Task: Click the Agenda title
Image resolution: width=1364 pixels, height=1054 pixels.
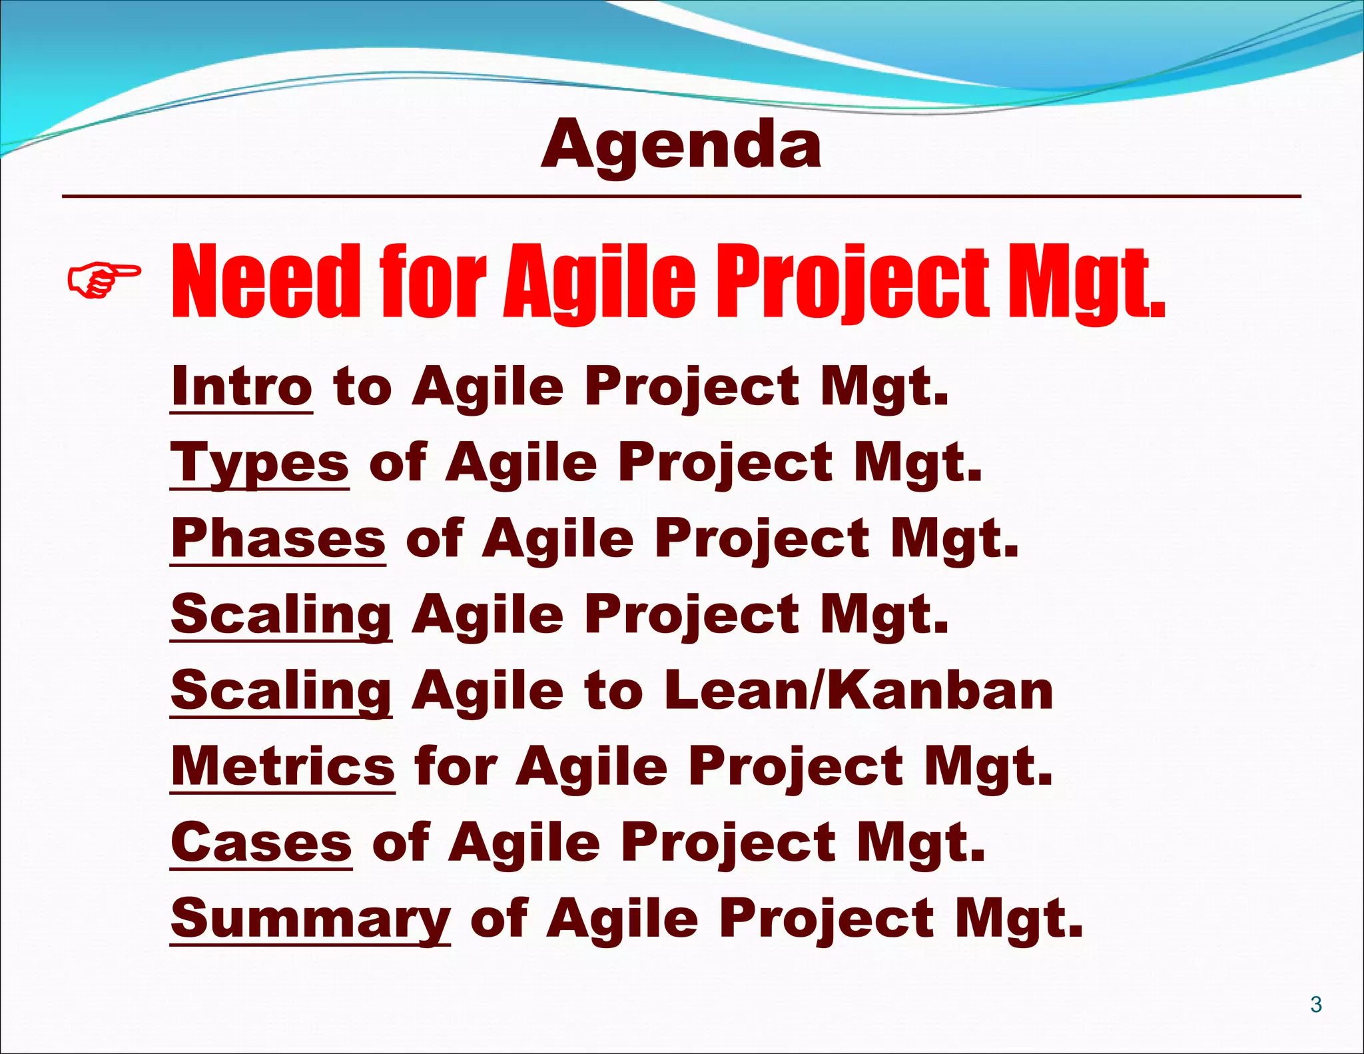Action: click(x=681, y=145)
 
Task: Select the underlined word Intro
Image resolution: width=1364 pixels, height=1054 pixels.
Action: click(x=241, y=386)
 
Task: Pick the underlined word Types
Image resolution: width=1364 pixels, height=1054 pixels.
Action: click(x=259, y=463)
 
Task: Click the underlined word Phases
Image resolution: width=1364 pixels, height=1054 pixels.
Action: click(x=278, y=538)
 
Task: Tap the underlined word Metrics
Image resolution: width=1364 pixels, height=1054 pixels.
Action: click(x=282, y=766)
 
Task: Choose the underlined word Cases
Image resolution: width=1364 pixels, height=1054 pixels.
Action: click(x=260, y=842)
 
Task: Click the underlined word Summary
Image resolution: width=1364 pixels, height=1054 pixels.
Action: click(x=310, y=918)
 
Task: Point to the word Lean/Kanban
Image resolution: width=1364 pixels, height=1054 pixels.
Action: click(x=858, y=690)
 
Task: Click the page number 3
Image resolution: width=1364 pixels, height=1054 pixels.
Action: click(x=1315, y=1004)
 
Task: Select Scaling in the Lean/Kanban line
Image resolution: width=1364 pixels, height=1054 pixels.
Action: click(x=280, y=690)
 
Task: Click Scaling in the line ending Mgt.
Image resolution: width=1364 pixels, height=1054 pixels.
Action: click(x=280, y=614)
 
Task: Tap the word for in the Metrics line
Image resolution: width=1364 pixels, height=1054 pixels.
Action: click(x=456, y=766)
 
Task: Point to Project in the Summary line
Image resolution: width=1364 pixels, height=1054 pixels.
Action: click(x=827, y=918)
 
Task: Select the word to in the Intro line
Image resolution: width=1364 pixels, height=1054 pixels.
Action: click(x=362, y=386)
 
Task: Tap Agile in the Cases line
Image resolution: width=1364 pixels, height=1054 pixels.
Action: click(x=523, y=842)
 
